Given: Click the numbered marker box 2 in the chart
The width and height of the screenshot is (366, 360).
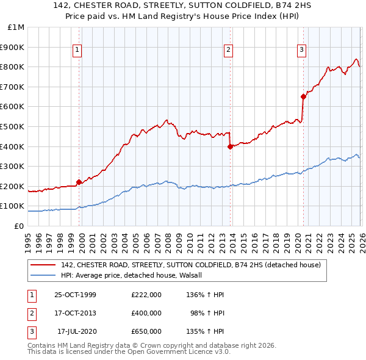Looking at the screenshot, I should pos(228,51).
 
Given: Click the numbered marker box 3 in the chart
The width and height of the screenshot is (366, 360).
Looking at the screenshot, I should pos(301,51).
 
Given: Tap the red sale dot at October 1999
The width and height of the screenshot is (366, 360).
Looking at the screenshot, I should pos(79,182).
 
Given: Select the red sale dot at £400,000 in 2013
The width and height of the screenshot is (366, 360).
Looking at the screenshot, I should pos(229,146).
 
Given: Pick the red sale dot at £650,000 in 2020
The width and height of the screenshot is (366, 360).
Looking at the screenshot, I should pos(303,96).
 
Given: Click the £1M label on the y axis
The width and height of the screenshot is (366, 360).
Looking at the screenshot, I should pos(15,27).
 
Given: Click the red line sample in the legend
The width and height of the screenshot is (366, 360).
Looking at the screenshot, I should pos(43,265).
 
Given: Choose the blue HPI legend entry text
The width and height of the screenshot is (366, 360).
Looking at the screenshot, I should pos(135,275).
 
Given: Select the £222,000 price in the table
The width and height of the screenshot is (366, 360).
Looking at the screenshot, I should pos(146,295).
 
